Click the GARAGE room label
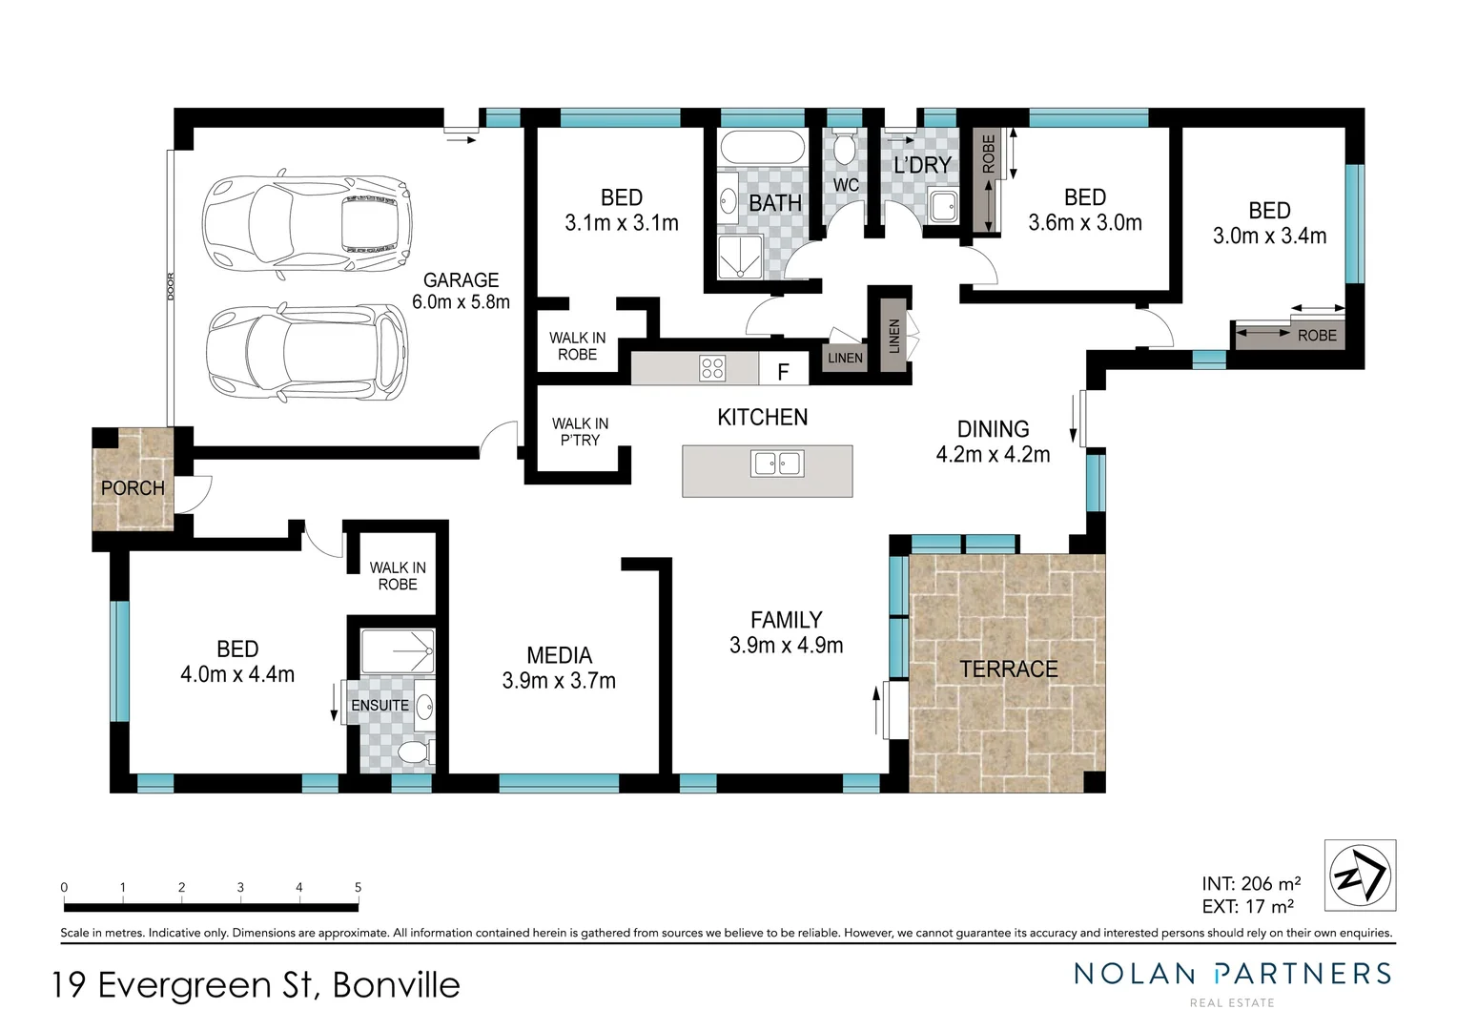coord(461,280)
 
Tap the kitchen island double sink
coord(776,463)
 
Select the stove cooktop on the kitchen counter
coord(712,368)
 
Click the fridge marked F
coord(783,371)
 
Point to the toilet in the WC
coord(843,150)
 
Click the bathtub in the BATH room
coord(761,149)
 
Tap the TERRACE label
coord(1008,669)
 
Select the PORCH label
coord(133,488)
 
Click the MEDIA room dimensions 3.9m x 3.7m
coord(559,681)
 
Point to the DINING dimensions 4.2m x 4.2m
coord(993,455)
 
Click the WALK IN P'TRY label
coord(580,432)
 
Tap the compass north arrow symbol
coord(1360,875)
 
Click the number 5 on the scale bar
coord(359,887)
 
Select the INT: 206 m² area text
coord(1251,884)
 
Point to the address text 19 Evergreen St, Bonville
coord(256,985)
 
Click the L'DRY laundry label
coord(921,165)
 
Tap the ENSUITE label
coord(380,706)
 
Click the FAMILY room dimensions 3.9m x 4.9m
coord(786,646)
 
